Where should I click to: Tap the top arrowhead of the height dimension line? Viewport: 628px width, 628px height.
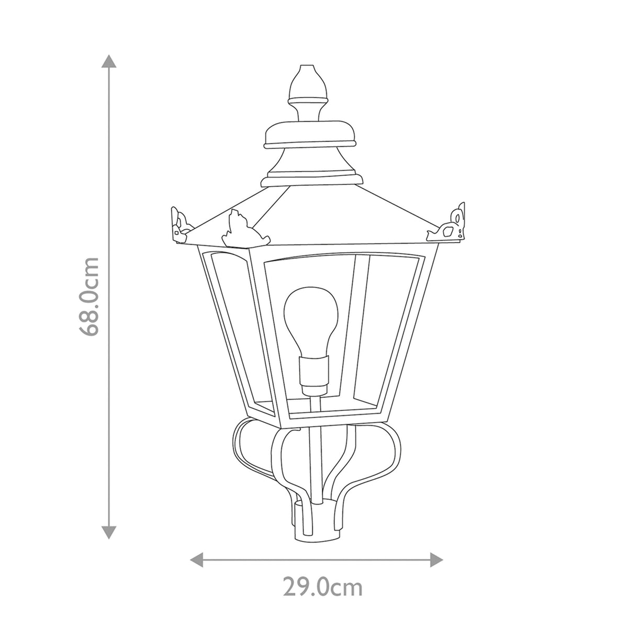(109, 61)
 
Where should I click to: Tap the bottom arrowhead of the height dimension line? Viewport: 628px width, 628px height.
(109, 532)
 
